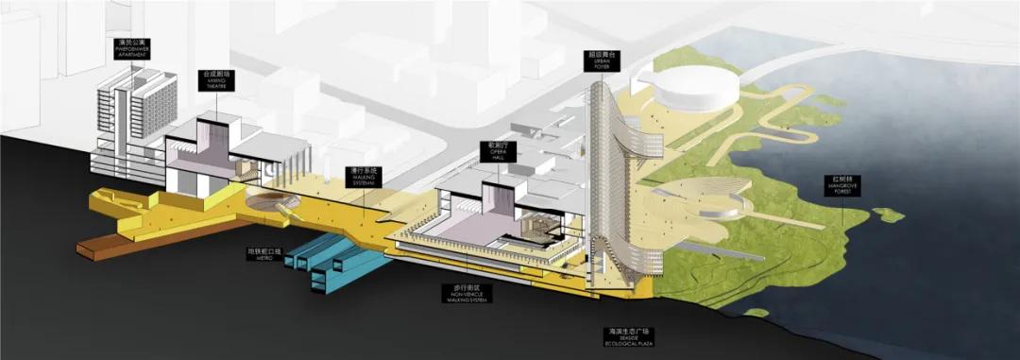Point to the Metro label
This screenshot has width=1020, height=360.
point(264,254)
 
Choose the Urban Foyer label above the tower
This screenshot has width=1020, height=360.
point(601,60)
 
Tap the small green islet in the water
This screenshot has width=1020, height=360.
point(888,214)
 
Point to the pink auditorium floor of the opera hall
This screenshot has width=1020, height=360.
point(453,227)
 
